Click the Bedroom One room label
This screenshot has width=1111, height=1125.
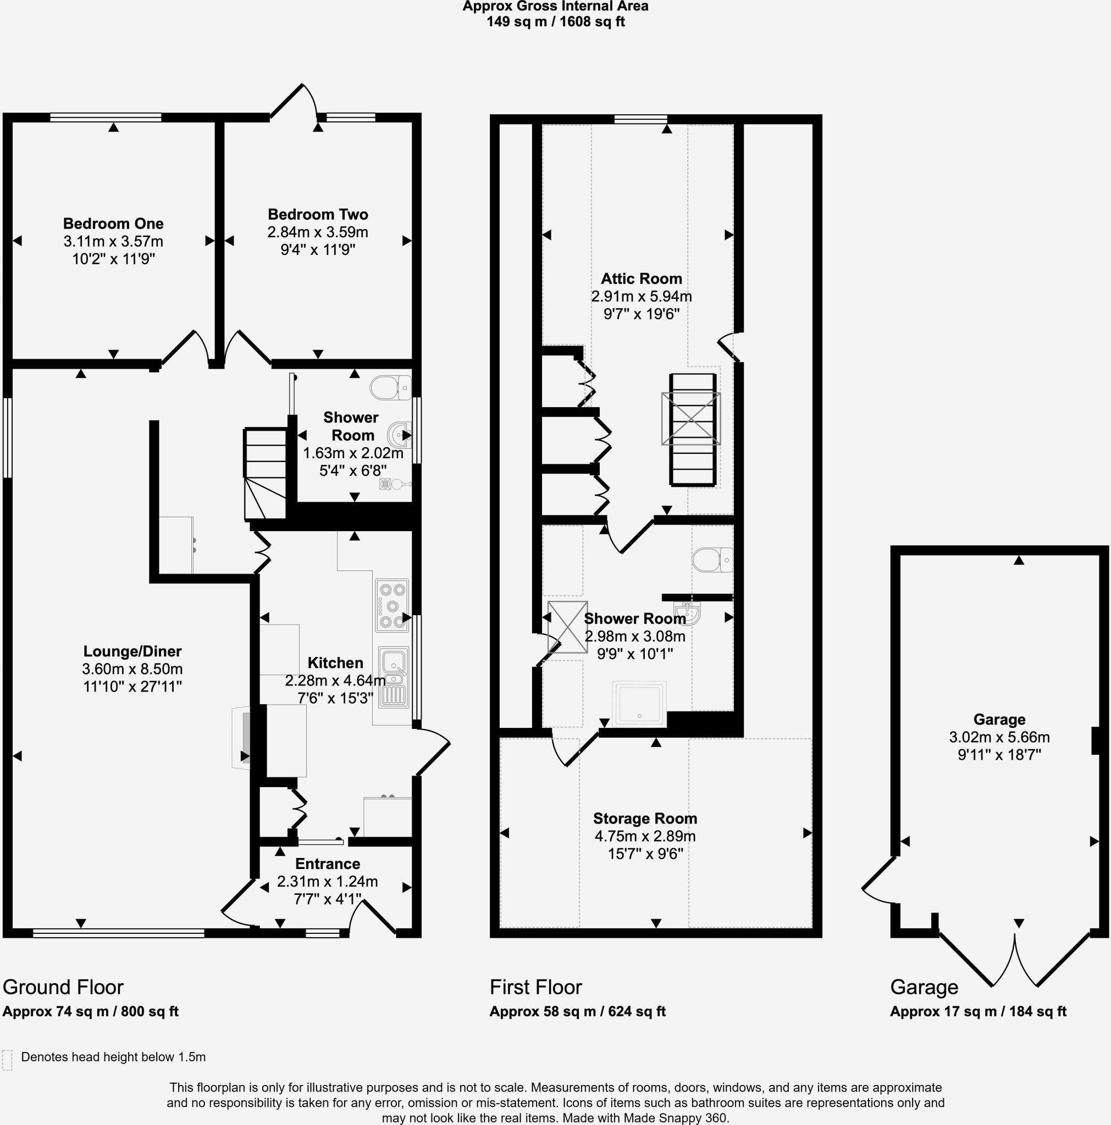point(113,224)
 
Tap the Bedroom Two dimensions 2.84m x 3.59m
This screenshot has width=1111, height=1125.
point(318,232)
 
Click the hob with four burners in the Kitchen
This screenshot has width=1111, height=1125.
point(391,605)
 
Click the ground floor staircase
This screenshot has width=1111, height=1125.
point(265,474)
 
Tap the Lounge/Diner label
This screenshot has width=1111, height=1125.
point(132,651)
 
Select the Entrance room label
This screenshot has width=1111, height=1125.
point(328,864)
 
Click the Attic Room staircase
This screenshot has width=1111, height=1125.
point(692,430)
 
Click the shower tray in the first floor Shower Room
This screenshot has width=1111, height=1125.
point(639,704)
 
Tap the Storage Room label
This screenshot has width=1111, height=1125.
point(645,818)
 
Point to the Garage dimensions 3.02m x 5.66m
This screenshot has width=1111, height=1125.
point(999,737)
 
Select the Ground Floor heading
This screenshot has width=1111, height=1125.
point(63,988)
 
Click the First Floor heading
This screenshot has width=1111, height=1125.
point(535,988)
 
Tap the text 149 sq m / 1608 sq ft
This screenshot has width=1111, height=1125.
point(555,23)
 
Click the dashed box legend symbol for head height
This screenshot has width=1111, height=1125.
point(7,1060)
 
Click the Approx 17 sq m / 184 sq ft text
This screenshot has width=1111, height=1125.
point(977,1011)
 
